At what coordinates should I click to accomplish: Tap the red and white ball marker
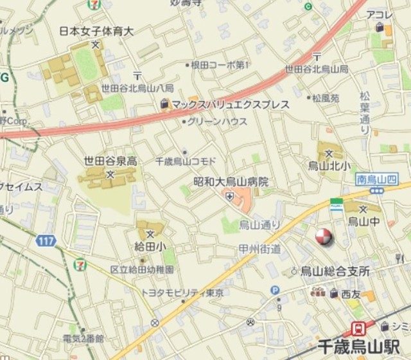pyautogui.click(x=324, y=237)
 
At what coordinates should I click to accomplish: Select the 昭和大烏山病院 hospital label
pyautogui.click(x=231, y=182)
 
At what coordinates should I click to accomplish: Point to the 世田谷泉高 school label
pyautogui.click(x=110, y=161)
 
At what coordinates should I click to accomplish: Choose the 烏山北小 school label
pyautogui.click(x=330, y=166)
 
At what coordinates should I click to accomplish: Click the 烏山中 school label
pyautogui.click(x=363, y=221)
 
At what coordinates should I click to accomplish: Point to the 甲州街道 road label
pyautogui.click(x=260, y=248)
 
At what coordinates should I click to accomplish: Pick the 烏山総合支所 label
pyautogui.click(x=335, y=271)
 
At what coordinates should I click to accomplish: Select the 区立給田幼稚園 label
pyautogui.click(x=141, y=269)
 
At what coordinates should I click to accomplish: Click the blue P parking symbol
pyautogui.click(x=275, y=291)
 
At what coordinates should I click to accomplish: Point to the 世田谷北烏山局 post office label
pyautogui.click(x=317, y=69)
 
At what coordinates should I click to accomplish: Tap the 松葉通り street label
pyautogui.click(x=365, y=111)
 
